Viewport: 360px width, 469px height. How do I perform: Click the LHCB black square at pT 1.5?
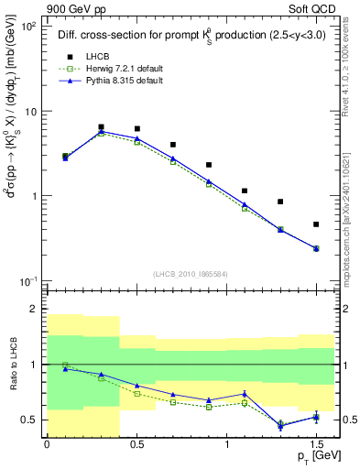pos(316,224)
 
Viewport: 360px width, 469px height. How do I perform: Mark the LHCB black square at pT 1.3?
pos(280,202)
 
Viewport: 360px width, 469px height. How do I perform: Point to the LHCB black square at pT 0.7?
pos(172,145)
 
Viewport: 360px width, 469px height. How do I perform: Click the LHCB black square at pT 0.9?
pos(209,165)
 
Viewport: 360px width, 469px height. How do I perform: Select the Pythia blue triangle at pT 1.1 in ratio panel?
pos(245,394)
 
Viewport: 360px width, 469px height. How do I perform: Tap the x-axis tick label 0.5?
pos(136,444)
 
